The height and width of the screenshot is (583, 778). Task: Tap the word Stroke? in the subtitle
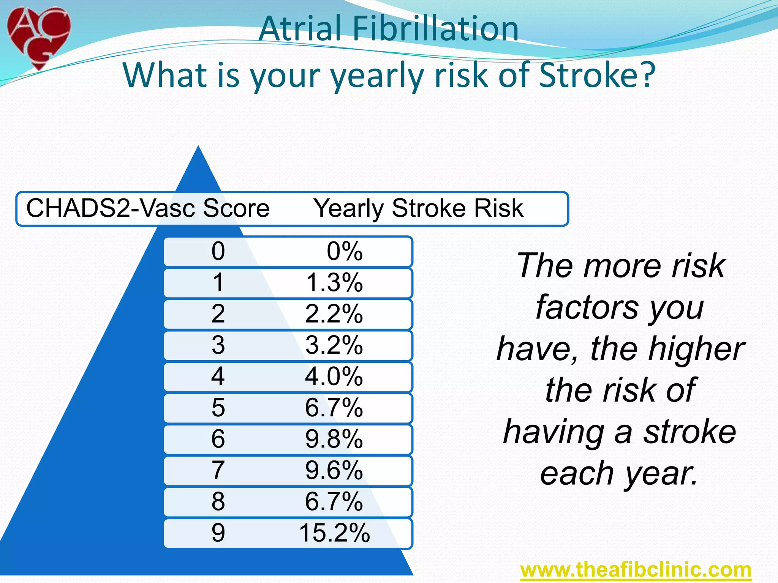[597, 75]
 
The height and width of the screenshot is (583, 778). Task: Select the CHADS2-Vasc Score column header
[148, 208]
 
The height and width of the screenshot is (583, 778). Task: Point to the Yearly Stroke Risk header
[418, 208]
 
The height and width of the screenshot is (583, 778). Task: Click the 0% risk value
[345, 251]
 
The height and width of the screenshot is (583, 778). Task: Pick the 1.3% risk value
[334, 283]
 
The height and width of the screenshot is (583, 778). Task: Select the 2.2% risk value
[334, 314]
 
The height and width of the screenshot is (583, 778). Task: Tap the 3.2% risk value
[334, 345]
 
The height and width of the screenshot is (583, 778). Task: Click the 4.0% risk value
[334, 377]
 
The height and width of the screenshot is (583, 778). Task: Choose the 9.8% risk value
[334, 440]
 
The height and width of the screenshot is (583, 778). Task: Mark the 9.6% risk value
[334, 471]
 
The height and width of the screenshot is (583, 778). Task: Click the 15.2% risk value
[334, 533]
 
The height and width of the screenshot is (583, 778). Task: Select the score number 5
[218, 408]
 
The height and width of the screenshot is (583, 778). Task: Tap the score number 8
[218, 502]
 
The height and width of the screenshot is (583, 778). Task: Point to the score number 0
[218, 251]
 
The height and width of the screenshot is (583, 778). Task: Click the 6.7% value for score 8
[334, 502]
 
